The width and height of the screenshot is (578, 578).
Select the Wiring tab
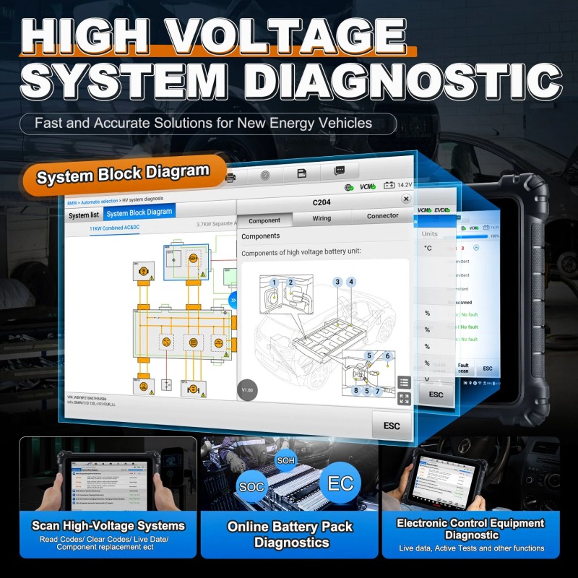coord(322,217)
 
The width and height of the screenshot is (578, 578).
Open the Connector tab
coord(382,215)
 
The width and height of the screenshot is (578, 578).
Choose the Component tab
coord(264,220)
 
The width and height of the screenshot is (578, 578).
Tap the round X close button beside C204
coord(406,199)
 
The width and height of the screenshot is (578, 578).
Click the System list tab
coord(84,215)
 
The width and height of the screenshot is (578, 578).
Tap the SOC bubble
coord(251,488)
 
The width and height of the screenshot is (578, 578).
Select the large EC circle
coord(340,483)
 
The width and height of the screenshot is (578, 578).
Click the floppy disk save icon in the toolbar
coord(302,173)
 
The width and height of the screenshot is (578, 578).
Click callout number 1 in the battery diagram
coord(274,282)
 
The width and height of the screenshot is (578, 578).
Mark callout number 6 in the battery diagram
coord(387,355)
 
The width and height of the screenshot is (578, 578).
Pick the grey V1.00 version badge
coord(247,390)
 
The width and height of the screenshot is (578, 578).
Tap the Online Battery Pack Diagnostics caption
coord(289,535)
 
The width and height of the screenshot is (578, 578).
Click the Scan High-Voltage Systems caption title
coord(108,525)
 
